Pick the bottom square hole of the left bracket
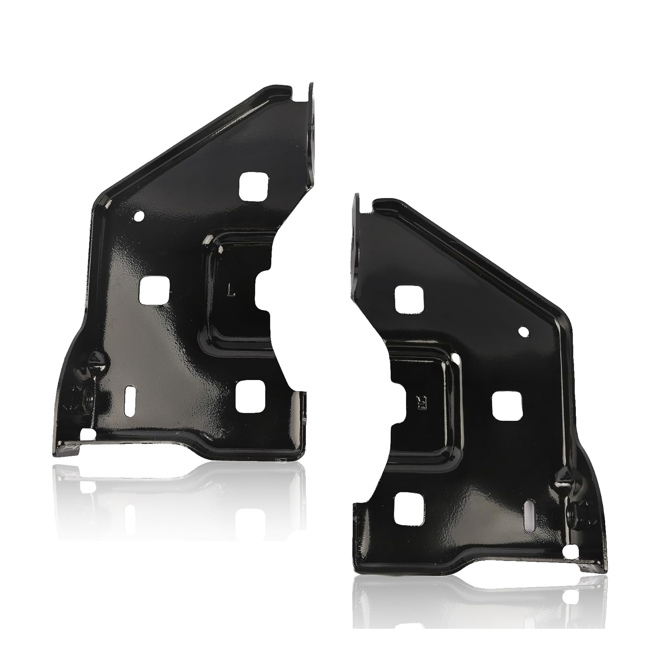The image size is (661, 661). pyautogui.click(x=250, y=399)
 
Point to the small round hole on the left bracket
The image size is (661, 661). pyautogui.click(x=138, y=216)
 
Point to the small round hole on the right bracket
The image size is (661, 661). pyautogui.click(x=523, y=331)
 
